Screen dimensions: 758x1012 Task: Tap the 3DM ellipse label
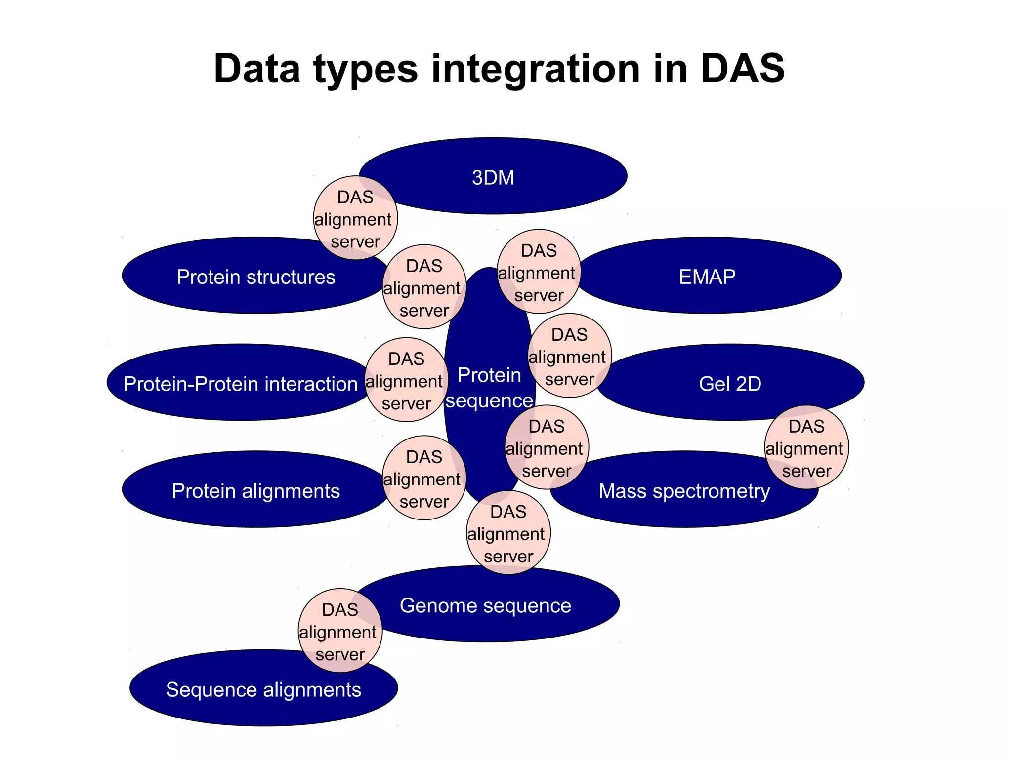tap(493, 177)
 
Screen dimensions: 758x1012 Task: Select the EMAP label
tap(707, 277)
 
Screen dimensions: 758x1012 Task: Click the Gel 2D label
tap(730, 384)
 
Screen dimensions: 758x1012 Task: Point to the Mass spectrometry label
tap(684, 491)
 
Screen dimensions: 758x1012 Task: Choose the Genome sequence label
tap(485, 605)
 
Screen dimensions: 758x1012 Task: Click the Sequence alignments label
tap(263, 689)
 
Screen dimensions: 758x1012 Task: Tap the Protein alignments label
tap(255, 491)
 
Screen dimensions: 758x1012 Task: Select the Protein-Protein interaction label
tap(240, 384)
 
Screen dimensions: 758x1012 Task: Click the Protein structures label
tap(255, 277)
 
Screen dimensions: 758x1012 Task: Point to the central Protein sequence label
tap(489, 388)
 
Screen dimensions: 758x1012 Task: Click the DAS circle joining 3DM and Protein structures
tap(355, 218)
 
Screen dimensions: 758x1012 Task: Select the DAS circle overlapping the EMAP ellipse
tap(539, 272)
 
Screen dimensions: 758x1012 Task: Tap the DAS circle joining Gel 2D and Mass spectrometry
tap(806, 447)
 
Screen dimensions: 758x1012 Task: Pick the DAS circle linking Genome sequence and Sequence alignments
tap(340, 631)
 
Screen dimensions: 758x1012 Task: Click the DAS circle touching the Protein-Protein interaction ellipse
tap(406, 380)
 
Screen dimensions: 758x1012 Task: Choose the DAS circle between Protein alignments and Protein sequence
tap(424, 478)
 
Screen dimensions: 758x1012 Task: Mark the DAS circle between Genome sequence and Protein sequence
tap(508, 533)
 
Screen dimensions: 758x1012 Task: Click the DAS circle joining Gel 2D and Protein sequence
tap(569, 356)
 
